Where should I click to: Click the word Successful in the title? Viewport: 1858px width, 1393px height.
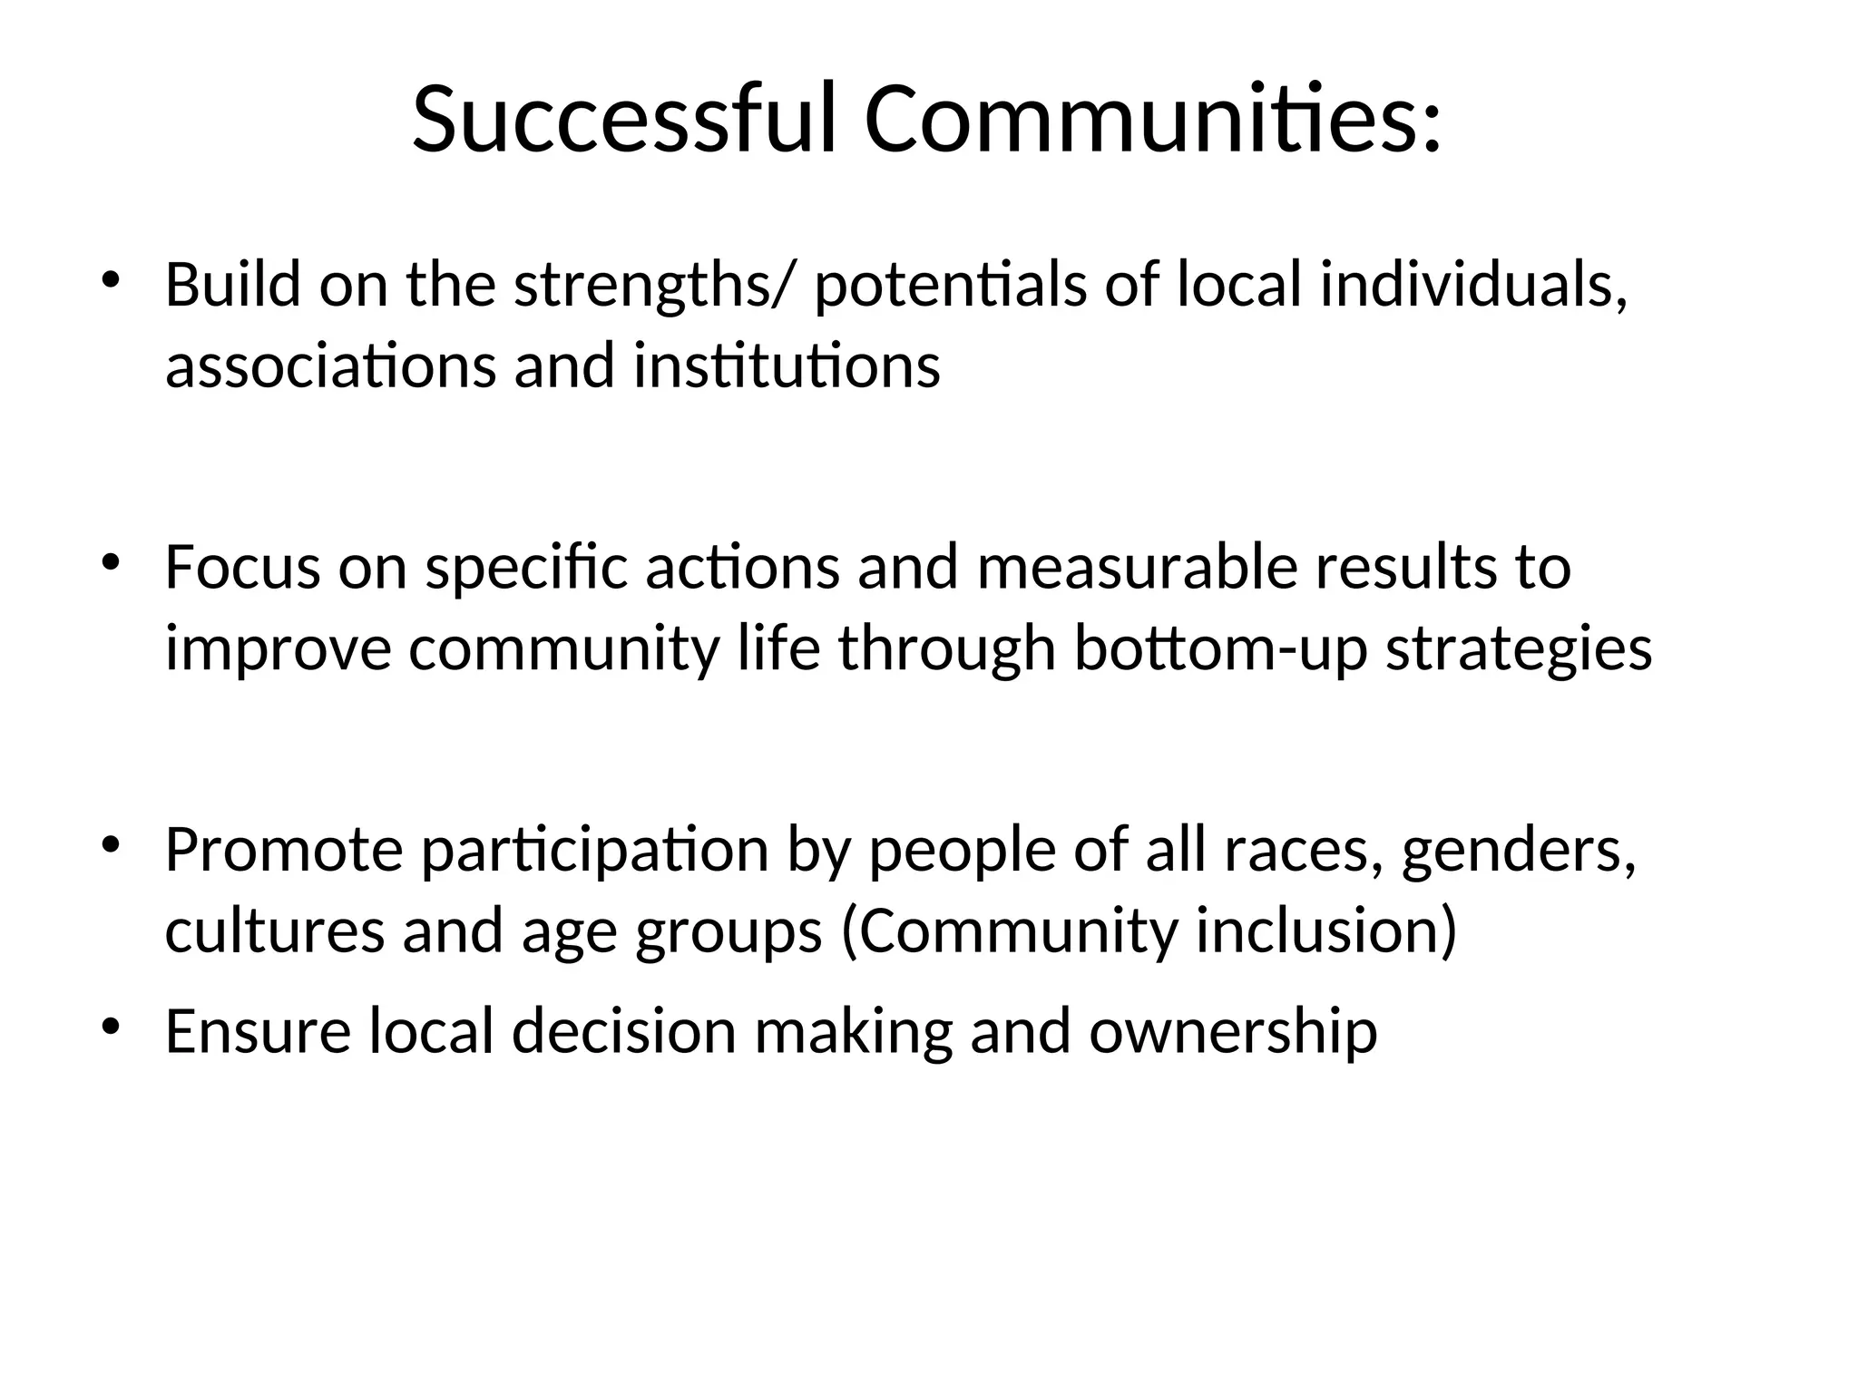coord(623,120)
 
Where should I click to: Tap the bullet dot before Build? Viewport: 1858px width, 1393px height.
coord(110,278)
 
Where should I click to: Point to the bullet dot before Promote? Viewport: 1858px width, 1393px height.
coord(110,844)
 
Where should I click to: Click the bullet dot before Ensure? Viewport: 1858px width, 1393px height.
coord(110,1026)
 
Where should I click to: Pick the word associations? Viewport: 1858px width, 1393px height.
coord(330,365)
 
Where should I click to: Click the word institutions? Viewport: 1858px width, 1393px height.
coord(787,365)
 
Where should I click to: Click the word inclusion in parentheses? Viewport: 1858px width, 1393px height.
coord(1325,931)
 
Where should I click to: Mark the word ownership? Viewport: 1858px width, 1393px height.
coord(1233,1032)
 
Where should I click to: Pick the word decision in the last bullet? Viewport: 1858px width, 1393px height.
coord(624,1032)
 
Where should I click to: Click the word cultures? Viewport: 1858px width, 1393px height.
coord(274,931)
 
